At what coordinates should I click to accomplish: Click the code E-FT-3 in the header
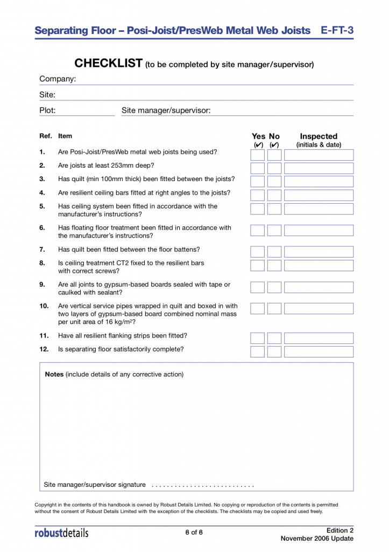[x=337, y=31]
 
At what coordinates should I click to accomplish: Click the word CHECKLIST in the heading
[x=108, y=64]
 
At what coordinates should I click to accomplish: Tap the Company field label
[x=58, y=79]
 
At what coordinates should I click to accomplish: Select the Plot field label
[x=47, y=111]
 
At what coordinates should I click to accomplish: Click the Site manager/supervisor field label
[x=166, y=111]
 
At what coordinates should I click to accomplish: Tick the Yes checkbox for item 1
[x=258, y=155]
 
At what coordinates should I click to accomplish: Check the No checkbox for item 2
[x=274, y=168]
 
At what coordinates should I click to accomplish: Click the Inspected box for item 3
[x=319, y=182]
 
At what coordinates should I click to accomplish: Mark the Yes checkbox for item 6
[x=258, y=230]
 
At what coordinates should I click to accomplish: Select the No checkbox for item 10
[x=274, y=308]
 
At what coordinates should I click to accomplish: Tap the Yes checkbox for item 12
[x=258, y=351]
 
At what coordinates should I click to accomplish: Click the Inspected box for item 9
[x=319, y=287]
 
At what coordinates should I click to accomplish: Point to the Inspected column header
[x=319, y=136]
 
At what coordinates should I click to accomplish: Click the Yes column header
[x=258, y=136]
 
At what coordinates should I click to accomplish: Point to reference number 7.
[x=42, y=250]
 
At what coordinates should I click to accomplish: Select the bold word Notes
[x=54, y=374]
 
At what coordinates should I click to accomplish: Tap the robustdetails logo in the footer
[x=61, y=533]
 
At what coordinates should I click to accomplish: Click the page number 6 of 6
[x=194, y=533]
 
